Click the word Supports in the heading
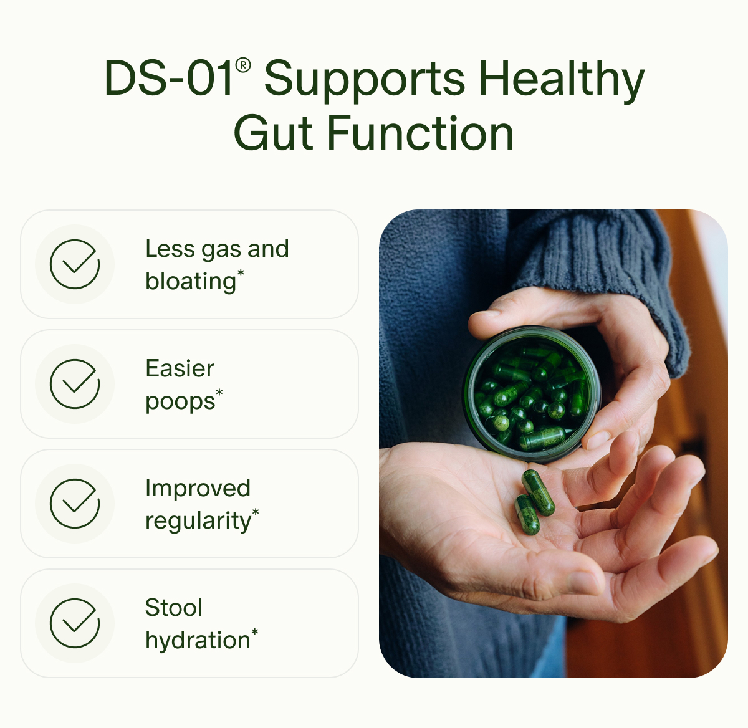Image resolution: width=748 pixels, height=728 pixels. click(364, 80)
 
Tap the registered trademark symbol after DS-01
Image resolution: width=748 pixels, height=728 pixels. click(244, 65)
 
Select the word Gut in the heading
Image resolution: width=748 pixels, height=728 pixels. click(272, 133)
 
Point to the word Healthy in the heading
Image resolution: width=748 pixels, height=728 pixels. click(561, 80)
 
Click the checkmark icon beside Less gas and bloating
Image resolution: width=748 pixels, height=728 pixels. click(75, 264)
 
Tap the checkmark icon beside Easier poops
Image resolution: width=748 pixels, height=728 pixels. click(75, 384)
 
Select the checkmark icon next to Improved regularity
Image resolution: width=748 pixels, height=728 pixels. click(75, 504)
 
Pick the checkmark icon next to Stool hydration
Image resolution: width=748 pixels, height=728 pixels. click(75, 623)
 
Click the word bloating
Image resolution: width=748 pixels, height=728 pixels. click(191, 282)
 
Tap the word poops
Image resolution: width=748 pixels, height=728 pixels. click(180, 401)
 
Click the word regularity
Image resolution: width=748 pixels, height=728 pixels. click(198, 521)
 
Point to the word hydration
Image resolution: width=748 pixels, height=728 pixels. click(197, 641)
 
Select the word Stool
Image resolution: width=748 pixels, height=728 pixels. click(174, 608)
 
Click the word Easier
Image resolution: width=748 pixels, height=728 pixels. click(180, 368)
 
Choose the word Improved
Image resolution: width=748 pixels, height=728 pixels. click(198, 488)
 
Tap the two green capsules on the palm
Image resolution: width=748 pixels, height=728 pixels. click(534, 502)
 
